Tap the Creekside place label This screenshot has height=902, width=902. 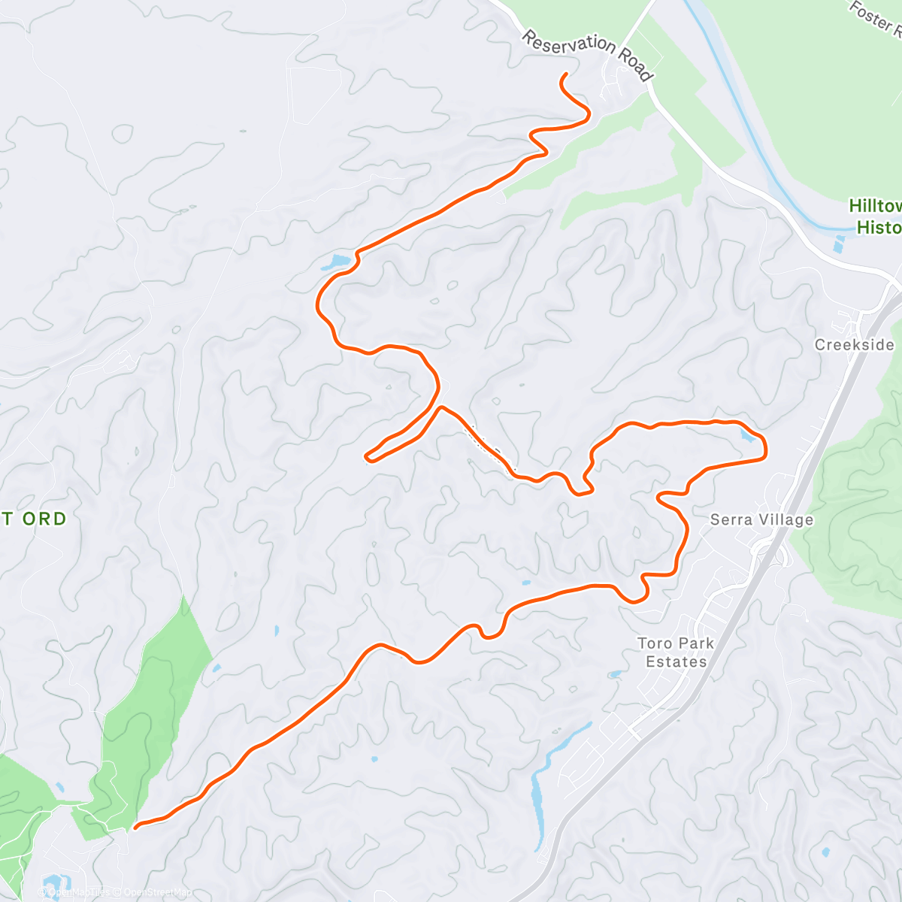855,345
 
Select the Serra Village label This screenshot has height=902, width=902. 761,519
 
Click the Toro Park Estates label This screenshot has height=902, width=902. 676,652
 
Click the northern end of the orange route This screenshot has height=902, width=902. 565,74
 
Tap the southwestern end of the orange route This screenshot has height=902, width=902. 135,828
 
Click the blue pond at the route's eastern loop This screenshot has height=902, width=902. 746,434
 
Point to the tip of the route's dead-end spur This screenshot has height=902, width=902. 366,456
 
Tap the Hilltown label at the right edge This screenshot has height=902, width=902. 876,206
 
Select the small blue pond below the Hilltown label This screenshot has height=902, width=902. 840,243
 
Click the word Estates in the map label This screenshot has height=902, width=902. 676,662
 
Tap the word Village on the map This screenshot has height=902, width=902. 786,519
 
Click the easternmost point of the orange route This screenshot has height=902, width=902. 765,449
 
